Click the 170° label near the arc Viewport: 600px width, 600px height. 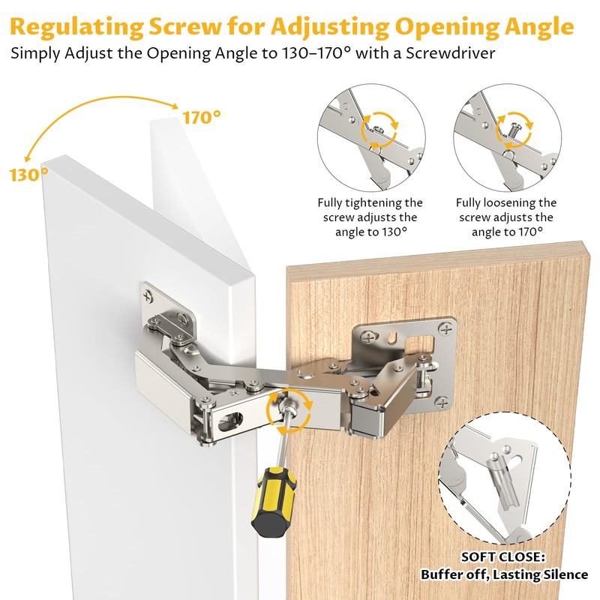click(202, 117)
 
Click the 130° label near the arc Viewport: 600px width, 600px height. click(29, 174)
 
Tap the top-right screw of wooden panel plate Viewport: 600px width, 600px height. click(448, 327)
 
